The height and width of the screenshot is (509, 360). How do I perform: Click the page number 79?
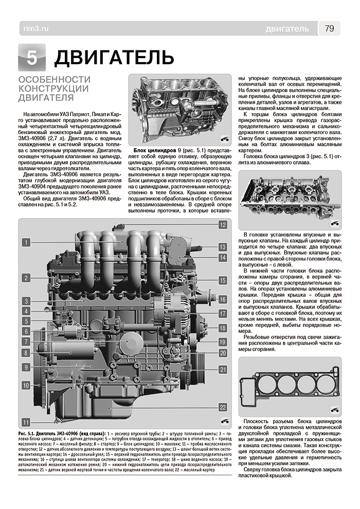330,28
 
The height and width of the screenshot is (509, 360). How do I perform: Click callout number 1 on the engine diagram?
25,241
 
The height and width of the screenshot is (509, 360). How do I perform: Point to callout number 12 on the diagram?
222,225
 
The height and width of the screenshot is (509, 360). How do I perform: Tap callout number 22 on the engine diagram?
222,407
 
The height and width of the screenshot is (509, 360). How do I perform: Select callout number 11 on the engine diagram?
25,422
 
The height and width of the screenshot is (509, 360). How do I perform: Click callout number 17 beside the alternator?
222,313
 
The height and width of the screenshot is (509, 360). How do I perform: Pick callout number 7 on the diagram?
25,341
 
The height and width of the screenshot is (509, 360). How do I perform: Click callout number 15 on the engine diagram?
222,281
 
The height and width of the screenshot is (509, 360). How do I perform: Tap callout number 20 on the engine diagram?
222,353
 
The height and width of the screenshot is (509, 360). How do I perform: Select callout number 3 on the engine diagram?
25,300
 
